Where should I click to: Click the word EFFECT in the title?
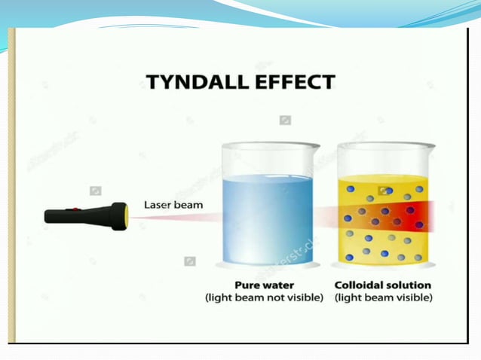pyautogui.click(x=293, y=82)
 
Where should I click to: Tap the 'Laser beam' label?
pyautogui.click(x=173, y=204)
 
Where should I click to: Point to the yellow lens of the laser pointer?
pyautogui.click(x=127, y=217)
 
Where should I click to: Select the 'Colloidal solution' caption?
pyautogui.click(x=383, y=285)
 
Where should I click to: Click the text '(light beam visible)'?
pyautogui.click(x=383, y=298)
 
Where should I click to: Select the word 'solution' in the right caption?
pyautogui.click(x=408, y=285)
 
